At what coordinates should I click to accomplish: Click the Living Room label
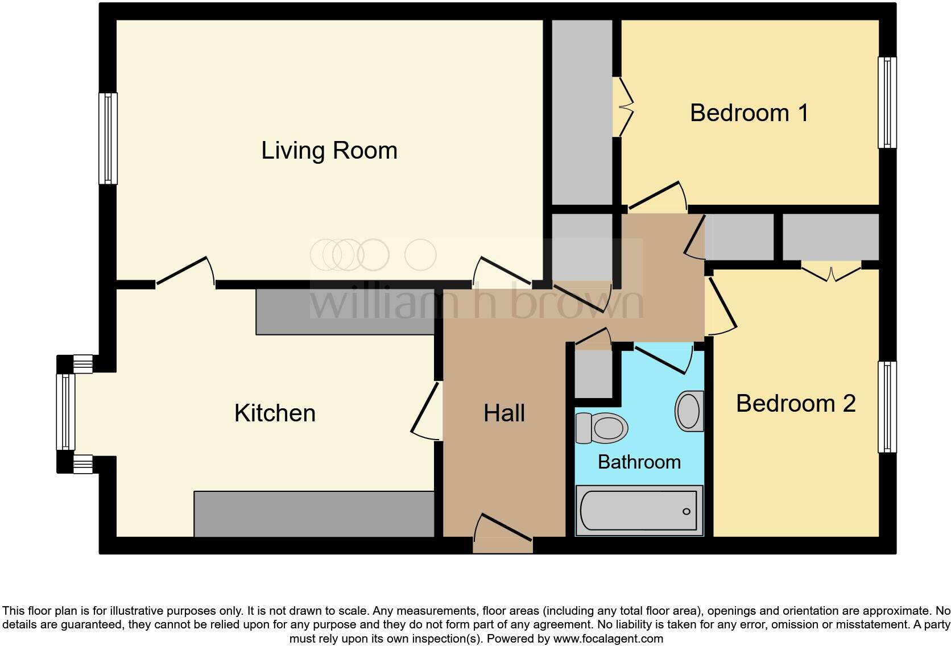click(329, 151)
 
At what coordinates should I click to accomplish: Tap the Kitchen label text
click(275, 413)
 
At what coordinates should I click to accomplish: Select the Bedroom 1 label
click(749, 113)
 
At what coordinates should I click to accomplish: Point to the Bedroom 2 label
click(795, 404)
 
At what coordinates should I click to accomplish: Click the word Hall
click(504, 413)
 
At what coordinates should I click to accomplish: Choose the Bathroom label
click(639, 462)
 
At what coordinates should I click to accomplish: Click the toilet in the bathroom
click(602, 428)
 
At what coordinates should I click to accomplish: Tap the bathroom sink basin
click(689, 411)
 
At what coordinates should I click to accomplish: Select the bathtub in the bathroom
click(639, 511)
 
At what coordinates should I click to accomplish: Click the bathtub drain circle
click(686, 511)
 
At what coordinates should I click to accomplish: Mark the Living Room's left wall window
click(107, 139)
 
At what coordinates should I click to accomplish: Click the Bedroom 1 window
click(887, 102)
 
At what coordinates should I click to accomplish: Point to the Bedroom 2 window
click(887, 407)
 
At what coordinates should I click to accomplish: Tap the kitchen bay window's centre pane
click(65, 412)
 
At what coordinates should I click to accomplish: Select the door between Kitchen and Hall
click(425, 409)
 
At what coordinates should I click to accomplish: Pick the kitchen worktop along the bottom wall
click(314, 514)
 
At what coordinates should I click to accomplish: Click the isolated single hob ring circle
click(420, 254)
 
